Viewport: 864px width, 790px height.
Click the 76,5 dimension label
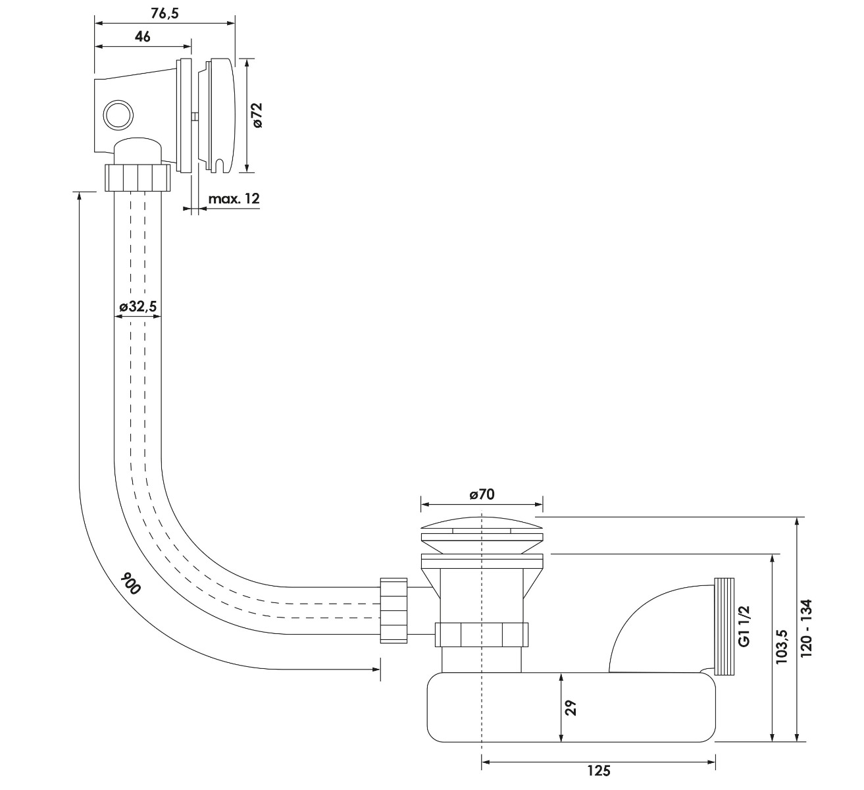(165, 14)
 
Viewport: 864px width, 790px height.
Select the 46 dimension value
(143, 37)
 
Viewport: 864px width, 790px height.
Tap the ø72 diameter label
(257, 115)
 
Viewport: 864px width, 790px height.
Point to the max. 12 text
(234, 199)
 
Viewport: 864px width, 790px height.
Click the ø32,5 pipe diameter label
(138, 306)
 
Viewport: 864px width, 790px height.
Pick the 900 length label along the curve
(130, 583)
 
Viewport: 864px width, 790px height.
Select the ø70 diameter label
(482, 494)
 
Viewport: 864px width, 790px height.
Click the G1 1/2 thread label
(744, 626)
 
